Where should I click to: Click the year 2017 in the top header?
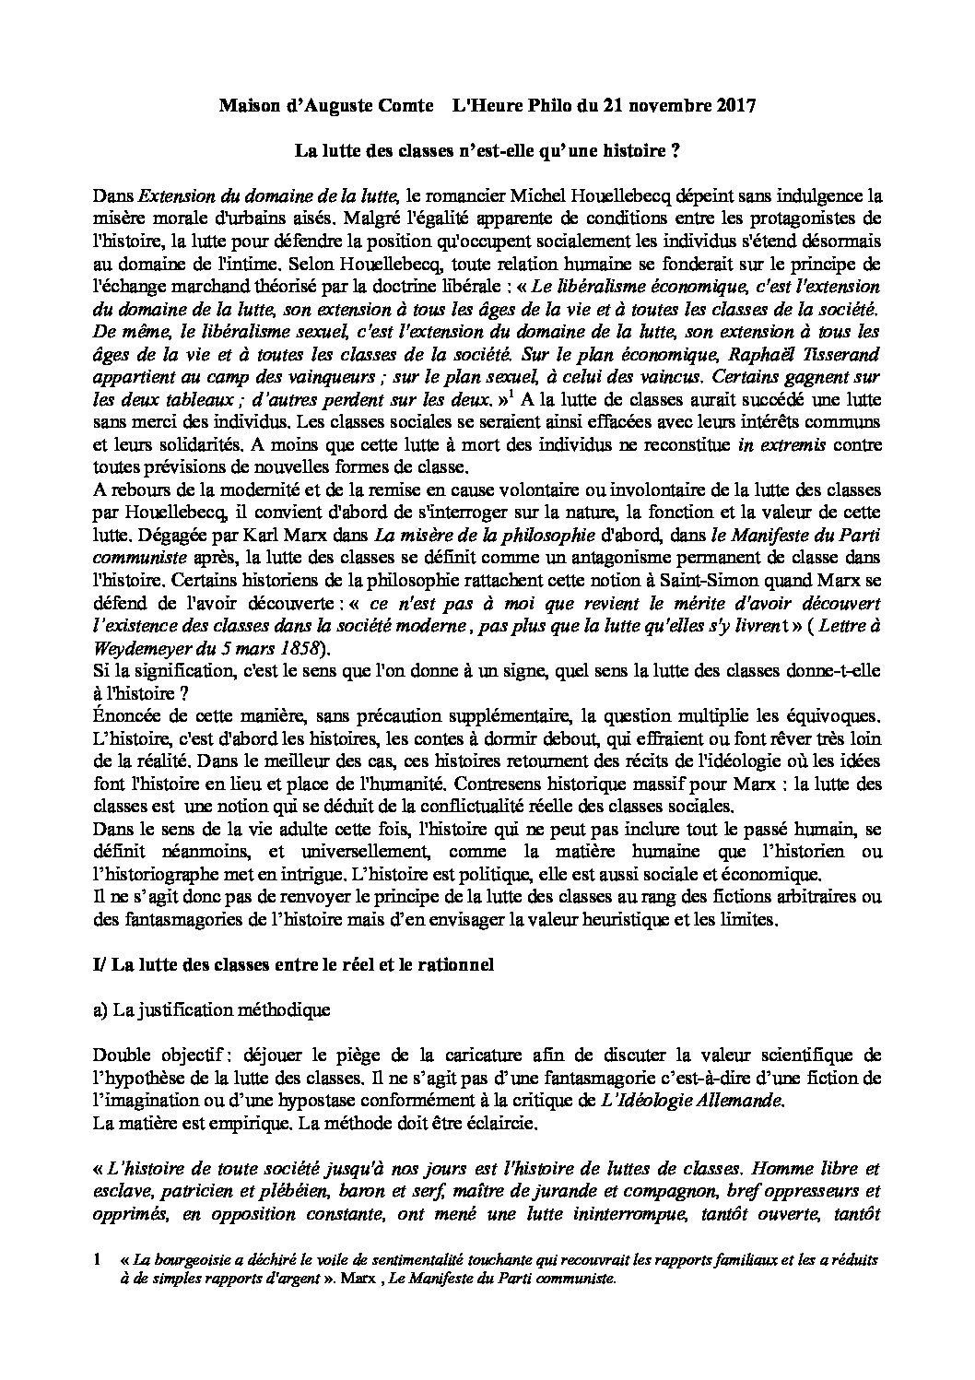(x=736, y=106)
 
